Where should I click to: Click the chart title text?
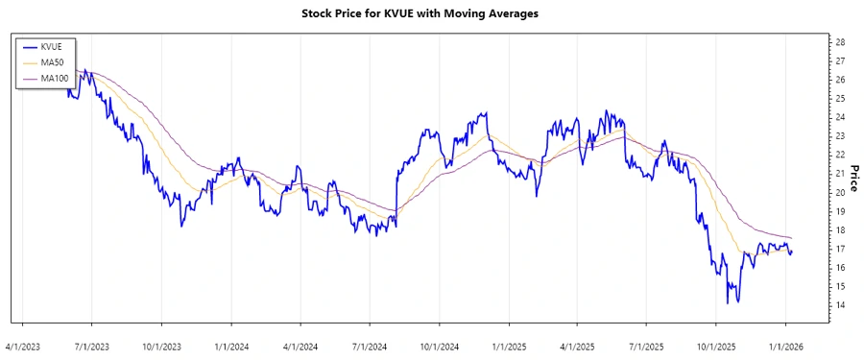coord(432,15)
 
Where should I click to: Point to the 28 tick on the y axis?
coord(840,42)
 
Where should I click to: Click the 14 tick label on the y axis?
coord(840,305)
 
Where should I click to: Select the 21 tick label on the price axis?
coord(840,174)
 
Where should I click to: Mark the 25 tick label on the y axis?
coord(840,99)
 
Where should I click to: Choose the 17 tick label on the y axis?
coord(840,249)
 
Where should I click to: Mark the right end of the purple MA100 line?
coord(792,237)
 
